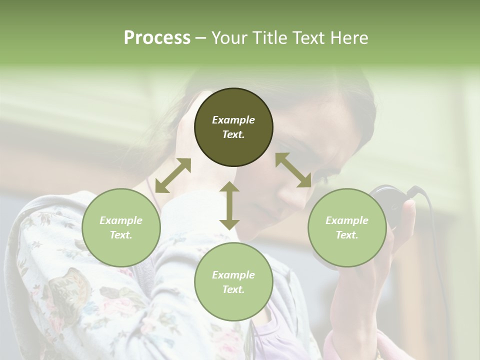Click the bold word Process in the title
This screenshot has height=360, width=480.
157,38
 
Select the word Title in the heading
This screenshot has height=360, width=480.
268,38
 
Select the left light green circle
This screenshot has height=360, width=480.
121,227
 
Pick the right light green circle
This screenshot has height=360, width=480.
346,227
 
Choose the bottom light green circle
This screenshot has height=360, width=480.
233,282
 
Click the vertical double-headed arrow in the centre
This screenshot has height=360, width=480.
229,205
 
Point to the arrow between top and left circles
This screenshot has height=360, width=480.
173,175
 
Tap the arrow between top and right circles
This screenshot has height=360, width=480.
293,170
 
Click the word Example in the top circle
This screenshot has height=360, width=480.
233,120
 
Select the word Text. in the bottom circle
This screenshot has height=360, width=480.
233,289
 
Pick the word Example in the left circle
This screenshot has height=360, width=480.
121,220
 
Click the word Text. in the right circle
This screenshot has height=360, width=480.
346,235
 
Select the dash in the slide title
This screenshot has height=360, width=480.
200,38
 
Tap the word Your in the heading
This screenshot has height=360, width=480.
228,38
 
